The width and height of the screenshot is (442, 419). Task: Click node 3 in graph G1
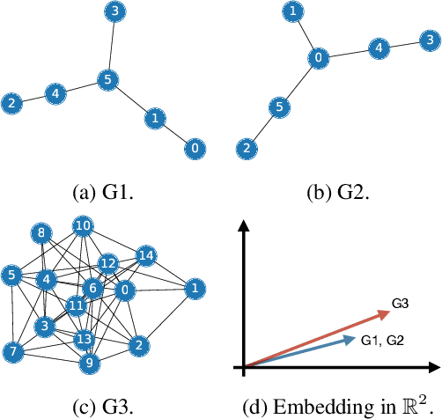(x=114, y=12)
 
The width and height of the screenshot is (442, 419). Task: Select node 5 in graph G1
(x=107, y=78)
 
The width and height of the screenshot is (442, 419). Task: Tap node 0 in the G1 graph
(x=194, y=148)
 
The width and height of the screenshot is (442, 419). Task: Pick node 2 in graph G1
(x=12, y=103)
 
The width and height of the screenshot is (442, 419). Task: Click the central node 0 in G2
(x=318, y=58)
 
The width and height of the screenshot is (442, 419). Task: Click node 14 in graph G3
(x=145, y=256)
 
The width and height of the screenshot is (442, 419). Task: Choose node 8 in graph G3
(x=41, y=233)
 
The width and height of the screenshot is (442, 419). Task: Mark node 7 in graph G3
(x=11, y=352)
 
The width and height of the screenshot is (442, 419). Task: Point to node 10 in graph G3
(x=83, y=226)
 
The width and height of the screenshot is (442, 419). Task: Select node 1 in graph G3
(x=195, y=287)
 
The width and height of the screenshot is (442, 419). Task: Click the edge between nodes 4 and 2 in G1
(x=33, y=98)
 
